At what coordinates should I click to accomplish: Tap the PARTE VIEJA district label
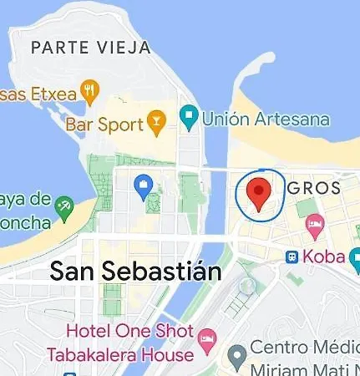click(90, 48)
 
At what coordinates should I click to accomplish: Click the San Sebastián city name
click(135, 272)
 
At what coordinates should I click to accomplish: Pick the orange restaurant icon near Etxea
click(90, 91)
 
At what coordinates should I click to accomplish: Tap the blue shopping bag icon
click(143, 189)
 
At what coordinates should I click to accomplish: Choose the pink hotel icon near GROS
click(315, 223)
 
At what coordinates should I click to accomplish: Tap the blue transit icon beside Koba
click(293, 257)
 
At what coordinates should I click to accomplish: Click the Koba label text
click(325, 257)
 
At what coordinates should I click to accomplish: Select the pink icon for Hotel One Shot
click(206, 339)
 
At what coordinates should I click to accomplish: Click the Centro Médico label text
click(301, 348)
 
